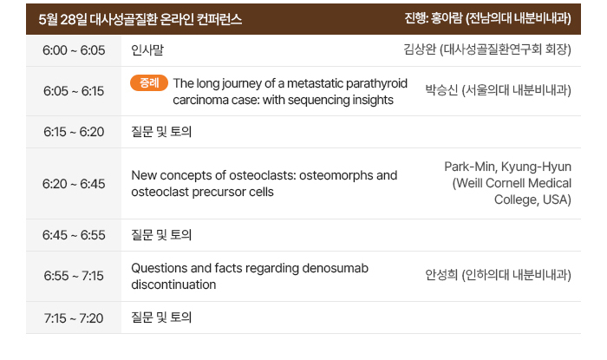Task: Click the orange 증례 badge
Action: pos(149,82)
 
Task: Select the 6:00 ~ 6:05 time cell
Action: pos(74,50)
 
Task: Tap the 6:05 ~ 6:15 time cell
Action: pos(74,91)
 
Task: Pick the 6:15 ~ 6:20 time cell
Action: pos(74,132)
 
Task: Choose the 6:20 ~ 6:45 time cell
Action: pos(74,184)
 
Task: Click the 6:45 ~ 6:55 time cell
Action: pos(74,235)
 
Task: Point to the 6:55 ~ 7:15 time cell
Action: pos(74,276)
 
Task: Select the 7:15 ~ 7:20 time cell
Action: pos(74,317)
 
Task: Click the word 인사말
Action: pos(147,50)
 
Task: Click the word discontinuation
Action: pos(173,285)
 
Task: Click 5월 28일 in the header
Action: pos(62,19)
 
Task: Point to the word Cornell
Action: pos(505,183)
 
